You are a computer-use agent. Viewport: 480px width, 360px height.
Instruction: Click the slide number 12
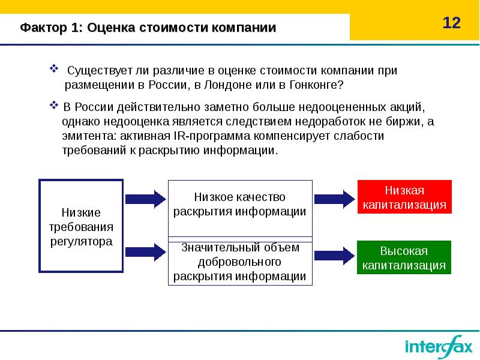coord(451,23)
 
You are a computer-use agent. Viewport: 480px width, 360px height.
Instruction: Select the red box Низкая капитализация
coord(404,197)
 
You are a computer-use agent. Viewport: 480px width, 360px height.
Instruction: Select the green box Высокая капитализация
coord(404,257)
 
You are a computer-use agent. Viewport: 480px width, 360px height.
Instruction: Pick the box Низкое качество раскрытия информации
coord(240,204)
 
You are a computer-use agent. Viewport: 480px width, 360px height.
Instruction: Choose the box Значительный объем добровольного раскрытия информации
coord(240,262)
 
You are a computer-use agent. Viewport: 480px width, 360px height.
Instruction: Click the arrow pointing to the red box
coord(334,197)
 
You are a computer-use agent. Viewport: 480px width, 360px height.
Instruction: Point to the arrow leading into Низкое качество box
coord(145,197)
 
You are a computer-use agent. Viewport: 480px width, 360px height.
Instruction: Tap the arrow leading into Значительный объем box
coord(145,252)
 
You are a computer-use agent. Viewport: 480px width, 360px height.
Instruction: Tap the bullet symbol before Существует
coord(53,69)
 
